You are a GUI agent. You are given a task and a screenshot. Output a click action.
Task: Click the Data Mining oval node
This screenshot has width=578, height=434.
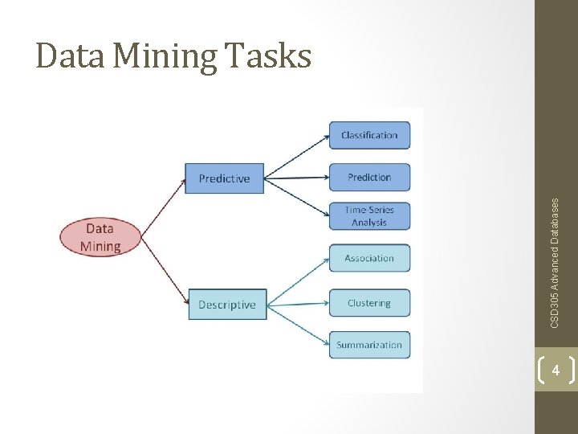click(100, 237)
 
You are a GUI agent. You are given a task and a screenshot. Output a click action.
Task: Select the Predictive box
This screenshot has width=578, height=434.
click(224, 178)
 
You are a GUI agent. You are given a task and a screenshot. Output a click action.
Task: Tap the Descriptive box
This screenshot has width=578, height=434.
click(227, 305)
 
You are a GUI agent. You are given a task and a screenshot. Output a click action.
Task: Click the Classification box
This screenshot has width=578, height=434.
click(369, 135)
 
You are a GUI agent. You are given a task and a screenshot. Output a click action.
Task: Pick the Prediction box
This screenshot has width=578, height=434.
click(369, 177)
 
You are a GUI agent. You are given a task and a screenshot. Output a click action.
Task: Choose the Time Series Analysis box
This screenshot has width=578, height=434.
click(369, 216)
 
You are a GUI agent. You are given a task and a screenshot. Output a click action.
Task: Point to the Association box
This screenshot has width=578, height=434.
click(369, 258)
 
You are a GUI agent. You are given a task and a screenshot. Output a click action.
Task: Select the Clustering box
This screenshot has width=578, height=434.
click(369, 303)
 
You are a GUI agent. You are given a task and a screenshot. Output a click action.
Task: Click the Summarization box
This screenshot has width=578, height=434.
click(369, 345)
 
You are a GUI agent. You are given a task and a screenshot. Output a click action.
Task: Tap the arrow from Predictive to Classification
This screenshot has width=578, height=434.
click(297, 156)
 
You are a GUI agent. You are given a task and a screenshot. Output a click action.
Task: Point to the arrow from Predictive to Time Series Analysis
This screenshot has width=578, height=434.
click(297, 197)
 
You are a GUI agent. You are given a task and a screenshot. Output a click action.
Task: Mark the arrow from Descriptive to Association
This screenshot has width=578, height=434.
click(298, 281)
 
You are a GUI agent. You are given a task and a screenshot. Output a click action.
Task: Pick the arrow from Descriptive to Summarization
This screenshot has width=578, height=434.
click(298, 325)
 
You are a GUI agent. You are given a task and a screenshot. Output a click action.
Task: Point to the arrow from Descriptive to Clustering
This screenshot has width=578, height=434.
click(298, 305)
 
